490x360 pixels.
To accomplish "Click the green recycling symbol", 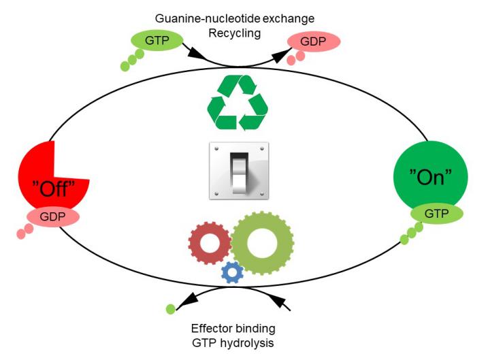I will (x=237, y=102).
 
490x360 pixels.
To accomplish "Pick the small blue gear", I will (x=233, y=272).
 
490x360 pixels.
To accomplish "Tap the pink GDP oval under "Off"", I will (x=52, y=217).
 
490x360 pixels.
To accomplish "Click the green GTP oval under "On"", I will (x=437, y=213).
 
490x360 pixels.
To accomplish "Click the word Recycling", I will (x=235, y=31).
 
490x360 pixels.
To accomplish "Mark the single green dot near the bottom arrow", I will (x=170, y=310).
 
